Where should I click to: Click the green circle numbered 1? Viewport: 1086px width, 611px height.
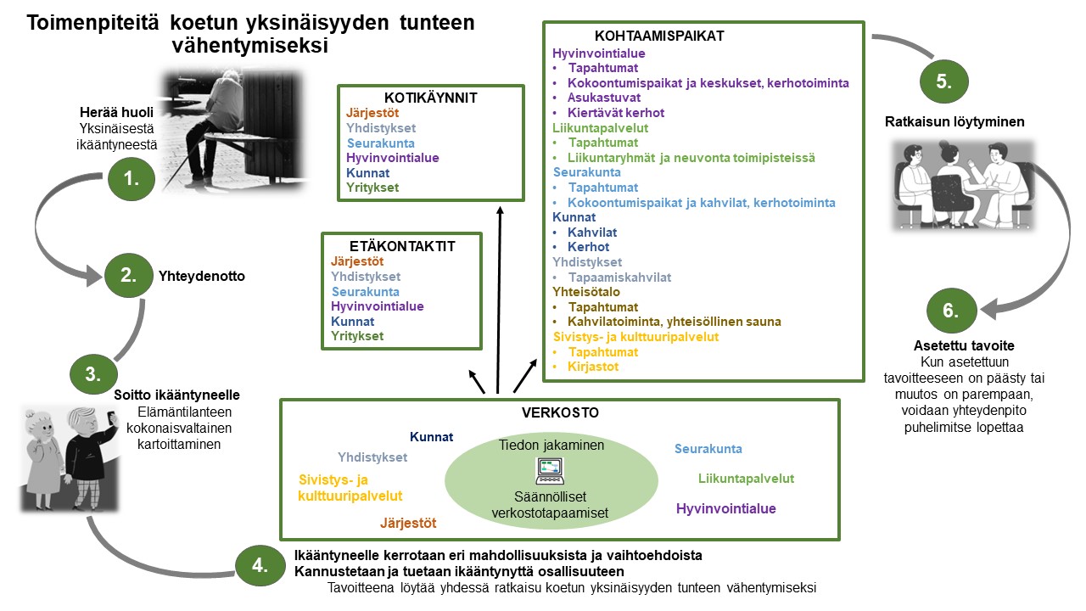click(x=132, y=179)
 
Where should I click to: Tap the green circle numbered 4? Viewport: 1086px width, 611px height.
click(x=260, y=565)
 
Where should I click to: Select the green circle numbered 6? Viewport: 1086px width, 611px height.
click(x=951, y=311)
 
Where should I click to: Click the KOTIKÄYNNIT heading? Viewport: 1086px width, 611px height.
click(x=430, y=98)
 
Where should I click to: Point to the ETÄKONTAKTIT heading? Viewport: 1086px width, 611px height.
click(x=402, y=246)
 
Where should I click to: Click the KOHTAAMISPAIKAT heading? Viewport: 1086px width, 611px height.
click(x=659, y=36)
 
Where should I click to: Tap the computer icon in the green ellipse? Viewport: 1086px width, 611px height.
click(x=550, y=471)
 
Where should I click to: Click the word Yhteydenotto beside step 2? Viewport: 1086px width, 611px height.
click(x=202, y=276)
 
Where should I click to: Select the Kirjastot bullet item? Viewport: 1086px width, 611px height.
click(x=593, y=367)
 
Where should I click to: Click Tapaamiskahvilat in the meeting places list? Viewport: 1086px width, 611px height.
click(x=619, y=277)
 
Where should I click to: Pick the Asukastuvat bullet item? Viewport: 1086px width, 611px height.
click(x=604, y=98)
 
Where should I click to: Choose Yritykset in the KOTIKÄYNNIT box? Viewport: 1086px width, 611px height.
click(x=372, y=188)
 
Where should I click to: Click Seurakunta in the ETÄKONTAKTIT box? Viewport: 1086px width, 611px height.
click(x=366, y=292)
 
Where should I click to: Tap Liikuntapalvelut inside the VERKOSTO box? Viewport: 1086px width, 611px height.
click(x=746, y=479)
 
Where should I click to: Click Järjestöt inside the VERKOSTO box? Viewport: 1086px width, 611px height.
click(x=408, y=523)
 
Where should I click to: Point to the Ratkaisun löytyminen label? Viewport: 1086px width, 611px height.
click(x=954, y=121)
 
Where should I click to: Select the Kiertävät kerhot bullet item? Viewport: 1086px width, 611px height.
click(x=616, y=113)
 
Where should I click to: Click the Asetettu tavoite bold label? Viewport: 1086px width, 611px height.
click(x=964, y=345)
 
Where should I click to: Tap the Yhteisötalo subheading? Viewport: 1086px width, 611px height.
click(x=586, y=292)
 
